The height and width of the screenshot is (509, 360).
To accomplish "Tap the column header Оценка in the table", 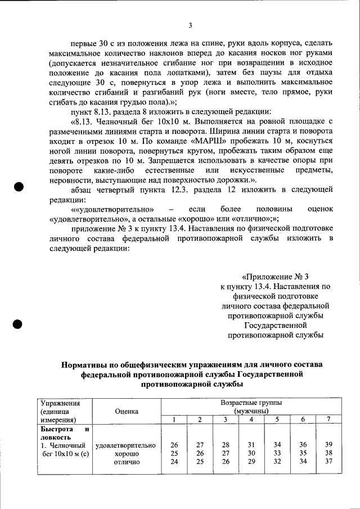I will tap(127, 411).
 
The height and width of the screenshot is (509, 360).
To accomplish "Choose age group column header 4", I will tap(251, 420).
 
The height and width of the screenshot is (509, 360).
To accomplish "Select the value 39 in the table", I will tap(328, 444).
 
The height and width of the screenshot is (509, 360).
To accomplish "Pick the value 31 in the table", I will tap(251, 444).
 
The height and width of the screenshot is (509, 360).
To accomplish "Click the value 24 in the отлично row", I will tap(174, 462).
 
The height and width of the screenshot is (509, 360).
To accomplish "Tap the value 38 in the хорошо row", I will tap(328, 453).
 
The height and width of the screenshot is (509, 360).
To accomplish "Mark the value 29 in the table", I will tap(251, 462).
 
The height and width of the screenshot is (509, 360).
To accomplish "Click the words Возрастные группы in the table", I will tap(251, 403).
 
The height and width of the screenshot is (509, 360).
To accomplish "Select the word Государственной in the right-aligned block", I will tap(275, 325).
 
